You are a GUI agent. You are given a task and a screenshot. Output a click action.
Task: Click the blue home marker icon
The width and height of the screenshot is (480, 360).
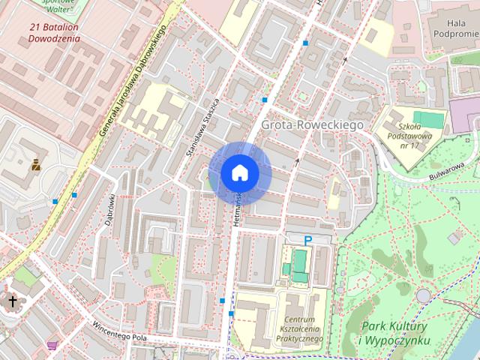point(239,172)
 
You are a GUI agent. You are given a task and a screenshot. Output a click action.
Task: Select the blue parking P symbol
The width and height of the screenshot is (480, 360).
point(307,240)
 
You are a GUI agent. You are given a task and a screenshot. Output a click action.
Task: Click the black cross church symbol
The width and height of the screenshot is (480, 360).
point(13,301)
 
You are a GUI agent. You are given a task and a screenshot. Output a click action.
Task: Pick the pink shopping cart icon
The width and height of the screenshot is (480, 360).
point(52,345)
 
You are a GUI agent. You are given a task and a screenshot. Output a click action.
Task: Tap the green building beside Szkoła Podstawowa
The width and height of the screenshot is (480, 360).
point(427,118)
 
